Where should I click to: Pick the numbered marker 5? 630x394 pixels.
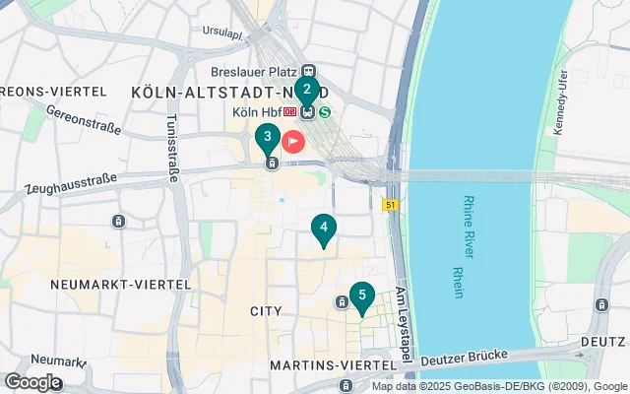coord(362,295)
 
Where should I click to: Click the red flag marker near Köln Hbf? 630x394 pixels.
coord(293,140)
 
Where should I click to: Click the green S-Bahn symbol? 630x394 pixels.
coord(325,111)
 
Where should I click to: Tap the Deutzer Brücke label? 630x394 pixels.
coord(464,358)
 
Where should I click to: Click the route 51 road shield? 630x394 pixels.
coord(390,204)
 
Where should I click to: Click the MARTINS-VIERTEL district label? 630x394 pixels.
coord(322,365)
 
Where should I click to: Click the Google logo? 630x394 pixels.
coord(32,381)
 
